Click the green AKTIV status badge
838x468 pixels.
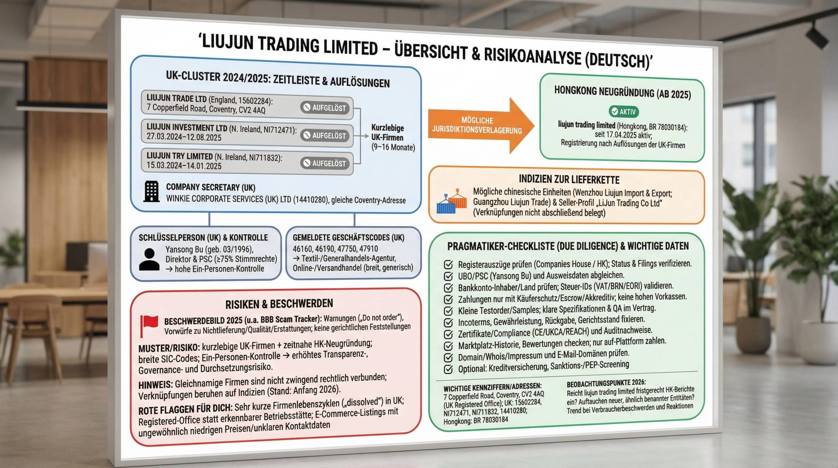[x=623, y=112]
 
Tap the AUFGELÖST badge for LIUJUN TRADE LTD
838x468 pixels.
[x=325, y=108]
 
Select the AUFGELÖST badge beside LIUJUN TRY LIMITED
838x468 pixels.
[x=325, y=163]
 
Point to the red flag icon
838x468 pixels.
[x=149, y=325]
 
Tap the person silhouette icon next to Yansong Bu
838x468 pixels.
[x=149, y=259]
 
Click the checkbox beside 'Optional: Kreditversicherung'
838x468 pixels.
[x=448, y=369]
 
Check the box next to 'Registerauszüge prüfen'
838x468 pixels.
[x=448, y=264]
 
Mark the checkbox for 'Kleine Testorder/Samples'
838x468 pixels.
[x=448, y=310]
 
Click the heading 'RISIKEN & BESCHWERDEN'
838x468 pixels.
[x=279, y=304]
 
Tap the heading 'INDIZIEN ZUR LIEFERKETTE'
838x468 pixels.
[x=569, y=179]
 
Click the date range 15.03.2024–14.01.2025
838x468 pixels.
[x=184, y=166]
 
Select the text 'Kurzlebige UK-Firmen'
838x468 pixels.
[x=387, y=132]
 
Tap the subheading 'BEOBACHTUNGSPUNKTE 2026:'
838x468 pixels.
[x=606, y=383]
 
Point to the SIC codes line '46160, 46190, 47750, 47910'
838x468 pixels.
[x=335, y=249]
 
